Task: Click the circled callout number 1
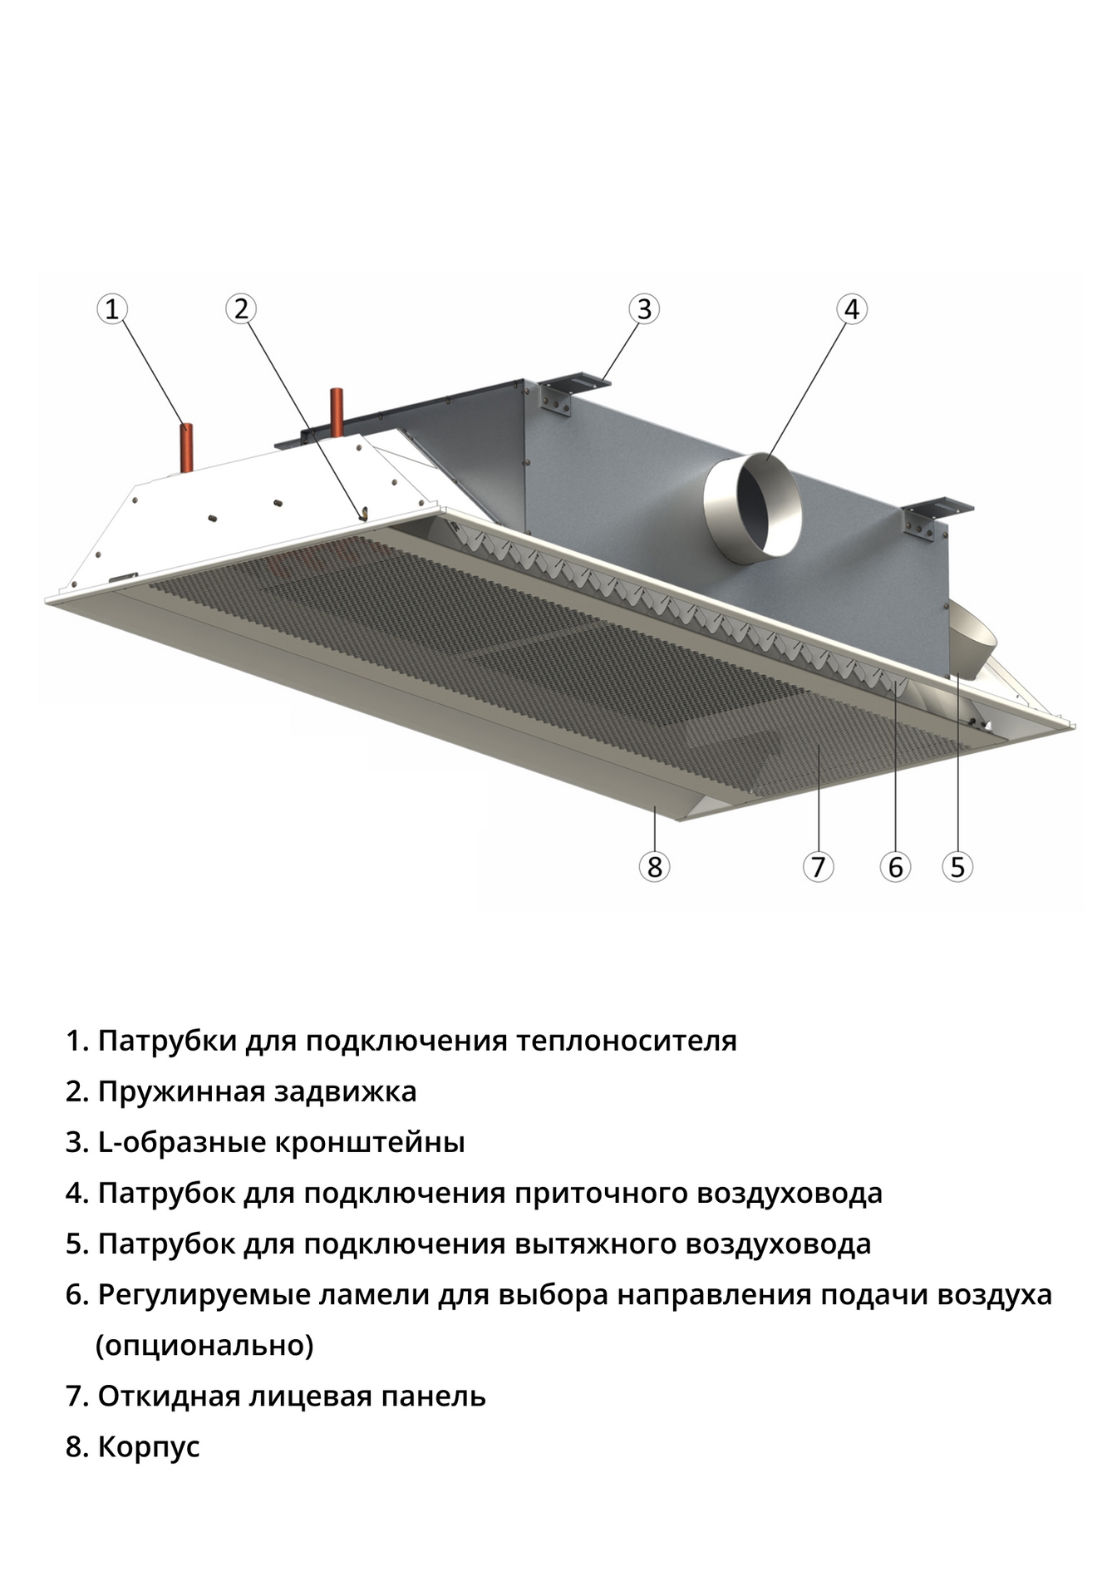point(112,309)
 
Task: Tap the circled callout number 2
point(241,309)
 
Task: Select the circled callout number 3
point(644,309)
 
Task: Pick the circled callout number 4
point(851,309)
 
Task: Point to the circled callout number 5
point(957,867)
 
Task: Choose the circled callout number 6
point(895,867)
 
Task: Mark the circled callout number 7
point(818,867)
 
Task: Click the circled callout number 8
point(654,867)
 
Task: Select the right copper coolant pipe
point(337,412)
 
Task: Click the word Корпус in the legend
point(149,1447)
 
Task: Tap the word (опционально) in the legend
point(204,1345)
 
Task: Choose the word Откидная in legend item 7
point(168,1396)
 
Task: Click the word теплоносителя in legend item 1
point(626,1040)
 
